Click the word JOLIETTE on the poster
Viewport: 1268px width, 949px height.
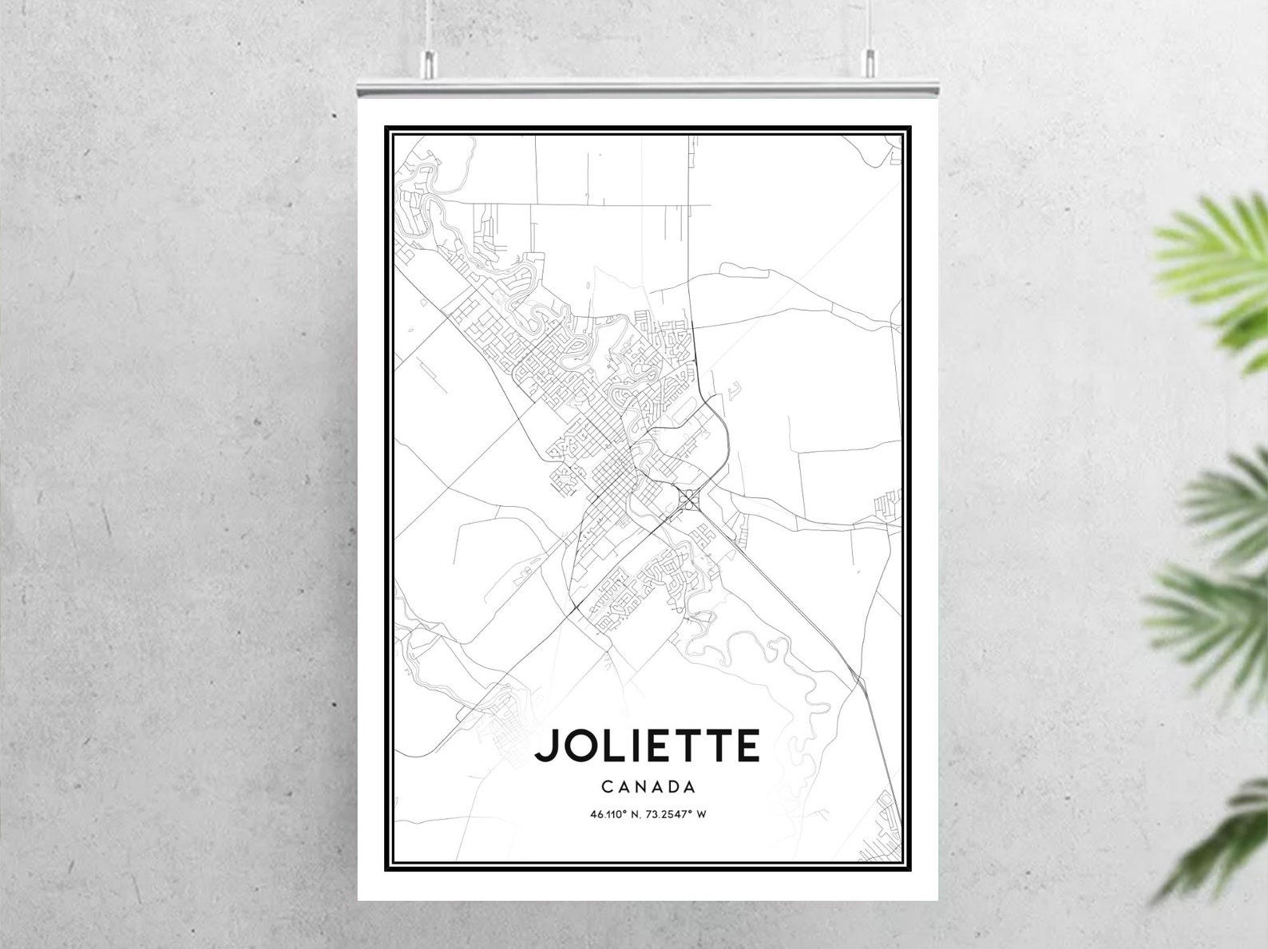click(x=647, y=745)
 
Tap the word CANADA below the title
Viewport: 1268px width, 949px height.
click(x=648, y=787)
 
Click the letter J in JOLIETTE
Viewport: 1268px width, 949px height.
click(x=547, y=745)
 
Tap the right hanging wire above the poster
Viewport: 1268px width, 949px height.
click(x=866, y=24)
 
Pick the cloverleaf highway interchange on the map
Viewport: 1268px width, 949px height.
click(x=687, y=500)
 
